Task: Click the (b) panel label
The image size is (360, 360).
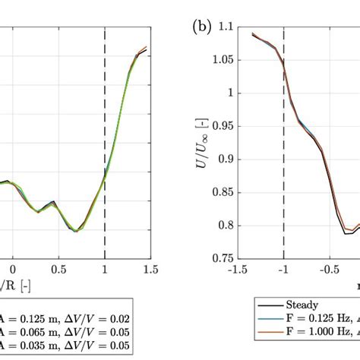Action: tap(201, 29)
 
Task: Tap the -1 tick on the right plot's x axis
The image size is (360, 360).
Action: tap(283, 270)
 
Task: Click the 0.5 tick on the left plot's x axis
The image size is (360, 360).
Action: tap(58, 270)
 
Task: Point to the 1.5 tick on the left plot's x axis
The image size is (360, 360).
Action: tap(150, 270)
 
